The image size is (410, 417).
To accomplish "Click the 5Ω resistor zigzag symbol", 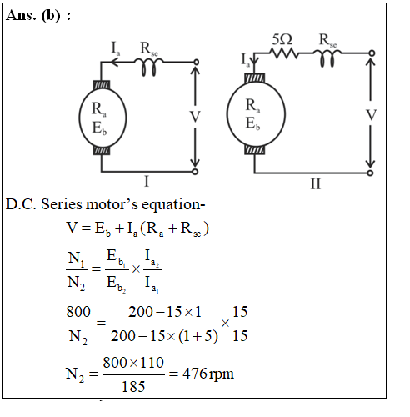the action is [x=284, y=53].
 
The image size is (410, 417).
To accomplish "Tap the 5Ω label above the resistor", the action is [x=282, y=39].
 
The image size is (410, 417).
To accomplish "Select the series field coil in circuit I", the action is [x=149, y=66].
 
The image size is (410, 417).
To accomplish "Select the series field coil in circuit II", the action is [x=327, y=58].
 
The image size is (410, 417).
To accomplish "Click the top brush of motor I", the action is [x=102, y=85].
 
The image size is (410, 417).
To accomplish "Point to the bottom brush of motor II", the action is [x=255, y=150].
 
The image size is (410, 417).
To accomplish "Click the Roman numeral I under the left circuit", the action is [x=147, y=182].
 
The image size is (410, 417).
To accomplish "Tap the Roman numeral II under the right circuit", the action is [x=316, y=183].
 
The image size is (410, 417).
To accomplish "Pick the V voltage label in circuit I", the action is [x=195, y=117].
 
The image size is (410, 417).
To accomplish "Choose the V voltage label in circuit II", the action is [x=371, y=115].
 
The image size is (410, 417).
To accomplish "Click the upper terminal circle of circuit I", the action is [x=196, y=62].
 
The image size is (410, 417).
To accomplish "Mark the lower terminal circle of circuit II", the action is [x=370, y=173].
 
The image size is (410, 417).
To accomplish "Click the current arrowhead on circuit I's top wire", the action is [x=114, y=63].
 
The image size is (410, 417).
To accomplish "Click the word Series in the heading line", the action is [x=62, y=204].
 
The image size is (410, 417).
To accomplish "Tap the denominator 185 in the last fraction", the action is [x=133, y=387].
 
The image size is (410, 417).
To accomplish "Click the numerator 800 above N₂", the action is [x=78, y=312].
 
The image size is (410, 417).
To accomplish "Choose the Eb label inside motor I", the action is [x=99, y=128].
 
